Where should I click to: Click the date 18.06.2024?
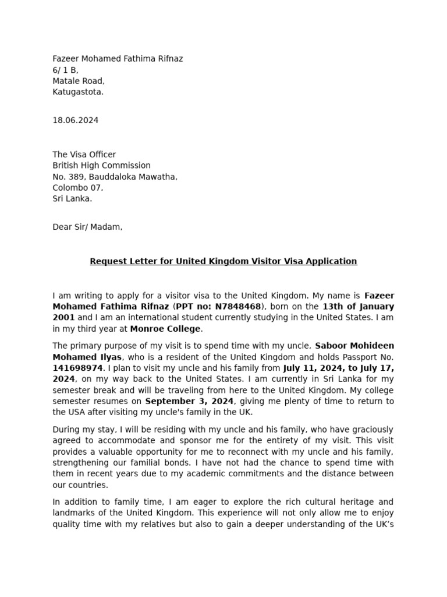click(x=76, y=121)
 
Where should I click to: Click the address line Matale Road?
click(x=79, y=81)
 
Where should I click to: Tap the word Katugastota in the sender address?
click(x=78, y=92)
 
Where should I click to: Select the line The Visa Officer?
click(x=84, y=154)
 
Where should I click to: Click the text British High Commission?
click(x=102, y=166)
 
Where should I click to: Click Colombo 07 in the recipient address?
click(x=77, y=188)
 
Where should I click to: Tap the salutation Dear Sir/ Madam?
click(x=87, y=227)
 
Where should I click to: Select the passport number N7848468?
click(x=239, y=307)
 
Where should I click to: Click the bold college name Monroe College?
click(x=165, y=329)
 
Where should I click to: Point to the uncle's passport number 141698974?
click(x=77, y=368)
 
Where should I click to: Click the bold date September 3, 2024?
click(x=189, y=401)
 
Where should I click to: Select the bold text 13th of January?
click(x=358, y=307)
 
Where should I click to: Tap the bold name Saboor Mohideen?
click(x=354, y=346)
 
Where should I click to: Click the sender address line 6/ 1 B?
click(x=65, y=70)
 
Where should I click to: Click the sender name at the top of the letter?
click(x=118, y=59)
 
